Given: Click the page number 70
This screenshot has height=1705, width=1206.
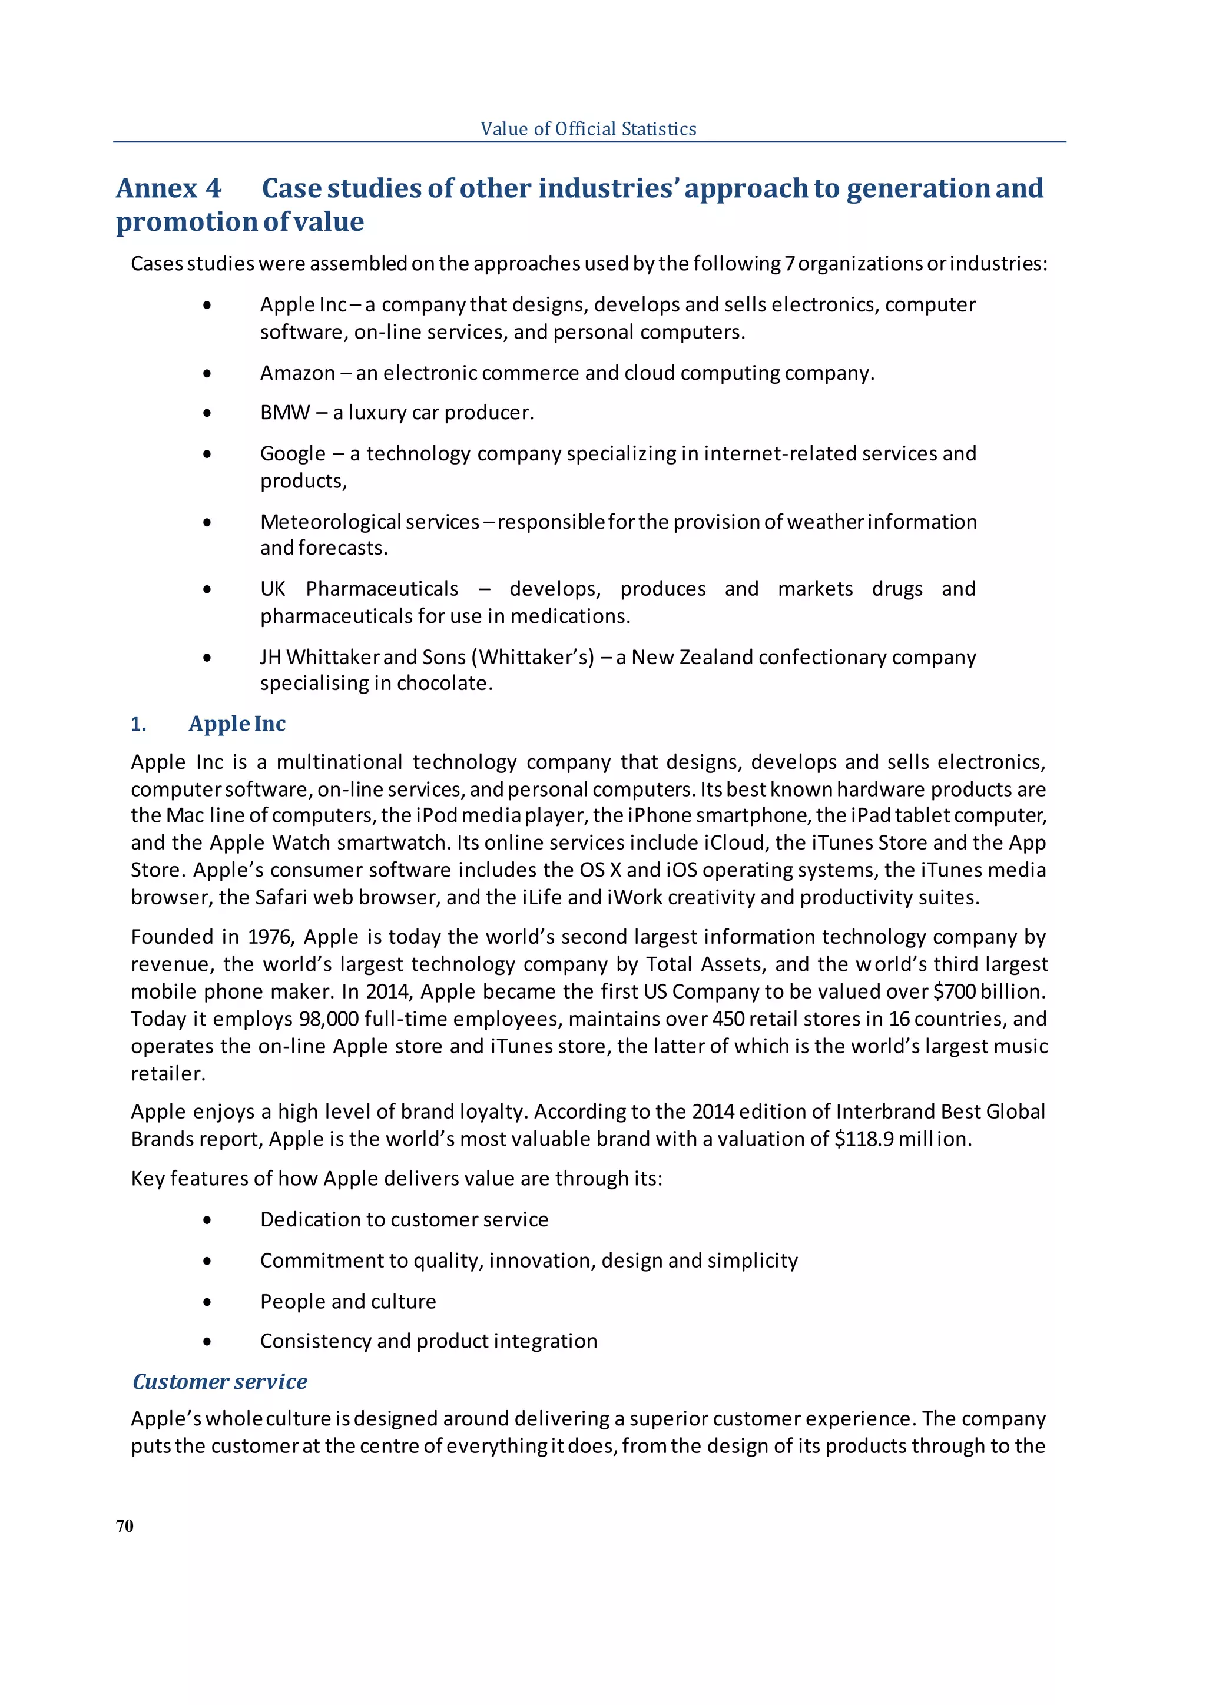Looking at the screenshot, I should point(125,1526).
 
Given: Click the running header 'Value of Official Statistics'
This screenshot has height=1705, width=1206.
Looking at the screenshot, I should point(588,129).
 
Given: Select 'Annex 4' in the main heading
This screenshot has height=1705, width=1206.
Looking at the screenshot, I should point(168,188).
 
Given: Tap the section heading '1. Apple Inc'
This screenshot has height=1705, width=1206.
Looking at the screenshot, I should point(208,724).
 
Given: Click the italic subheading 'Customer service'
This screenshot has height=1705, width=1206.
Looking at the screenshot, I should point(220,1382).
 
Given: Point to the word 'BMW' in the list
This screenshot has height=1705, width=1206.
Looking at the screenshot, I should point(284,413).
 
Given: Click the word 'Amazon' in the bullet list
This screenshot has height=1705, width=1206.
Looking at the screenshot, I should point(297,373).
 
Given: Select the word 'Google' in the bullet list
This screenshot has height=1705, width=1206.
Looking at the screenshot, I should point(293,454).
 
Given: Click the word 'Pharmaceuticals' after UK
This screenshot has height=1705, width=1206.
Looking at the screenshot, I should point(382,589).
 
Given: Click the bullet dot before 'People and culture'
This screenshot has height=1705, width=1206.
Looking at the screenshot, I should point(207,1302).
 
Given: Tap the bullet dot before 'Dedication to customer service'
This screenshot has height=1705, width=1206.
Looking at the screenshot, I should point(207,1220).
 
